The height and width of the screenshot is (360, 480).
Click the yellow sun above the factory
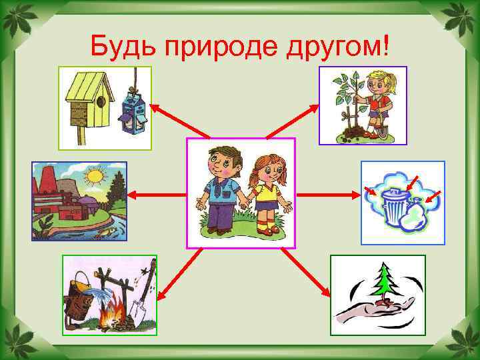(x=96, y=177)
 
